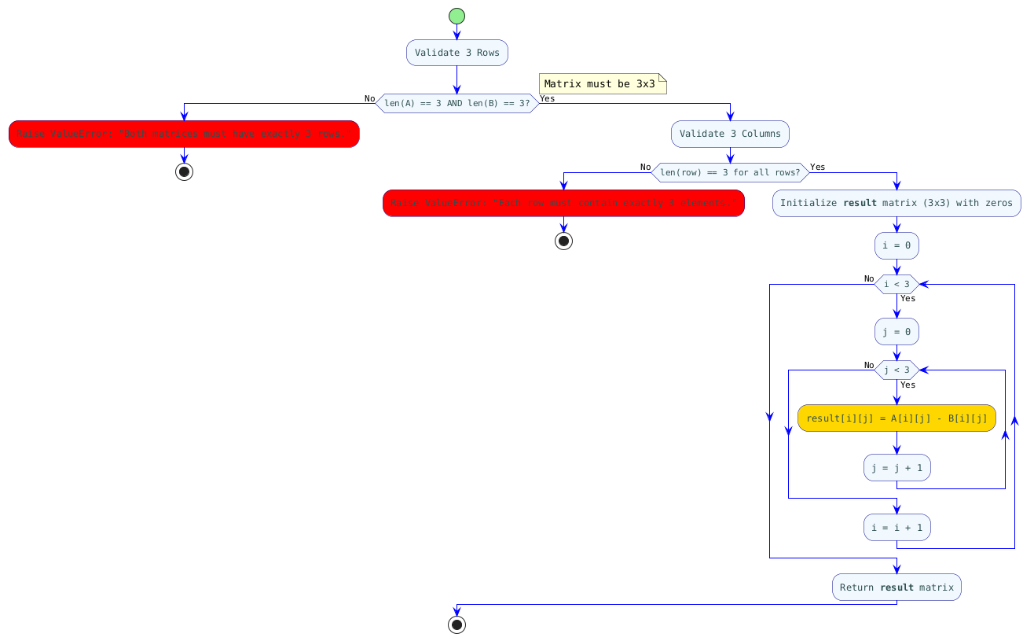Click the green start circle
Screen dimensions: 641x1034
coord(456,16)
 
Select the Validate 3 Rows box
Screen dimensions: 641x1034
coord(456,53)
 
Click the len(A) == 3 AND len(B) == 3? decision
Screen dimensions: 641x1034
coord(456,103)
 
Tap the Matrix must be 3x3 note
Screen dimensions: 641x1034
coord(602,83)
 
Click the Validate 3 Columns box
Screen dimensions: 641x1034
coord(730,134)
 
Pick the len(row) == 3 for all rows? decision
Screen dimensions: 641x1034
coord(730,172)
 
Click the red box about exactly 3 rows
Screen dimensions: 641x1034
coord(184,134)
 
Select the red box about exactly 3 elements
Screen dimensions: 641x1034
coord(563,203)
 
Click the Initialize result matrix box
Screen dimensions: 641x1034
coord(896,203)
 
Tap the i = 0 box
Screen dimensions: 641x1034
coord(896,245)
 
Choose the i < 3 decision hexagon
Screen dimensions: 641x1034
coord(896,284)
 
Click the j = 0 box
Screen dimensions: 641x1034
coord(896,331)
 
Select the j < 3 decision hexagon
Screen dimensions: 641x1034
coord(896,370)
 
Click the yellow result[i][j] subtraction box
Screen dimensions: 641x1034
coord(896,418)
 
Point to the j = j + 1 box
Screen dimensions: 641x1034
coord(896,468)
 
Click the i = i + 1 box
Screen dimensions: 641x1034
coord(896,527)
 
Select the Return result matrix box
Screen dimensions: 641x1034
coord(896,587)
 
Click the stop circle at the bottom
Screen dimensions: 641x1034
coord(456,624)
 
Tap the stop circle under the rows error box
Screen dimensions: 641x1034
coord(184,172)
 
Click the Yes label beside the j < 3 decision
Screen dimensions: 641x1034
coord(908,385)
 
